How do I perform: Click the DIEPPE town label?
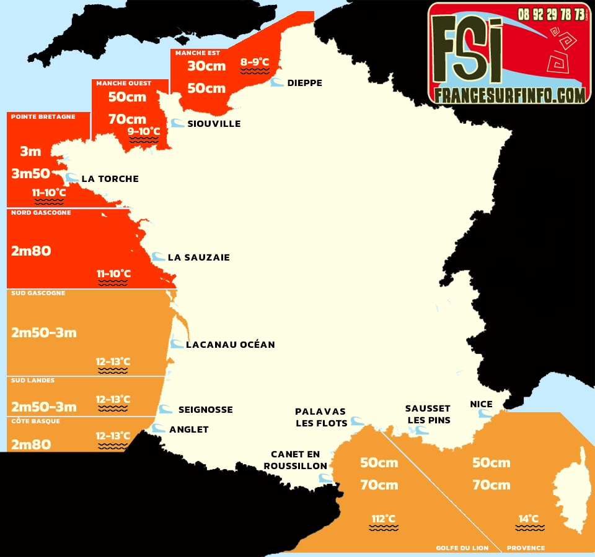(x=304, y=83)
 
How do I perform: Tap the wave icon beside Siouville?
(x=177, y=123)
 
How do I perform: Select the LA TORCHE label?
(x=110, y=179)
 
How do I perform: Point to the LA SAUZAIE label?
(x=198, y=257)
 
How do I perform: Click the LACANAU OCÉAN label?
(x=230, y=345)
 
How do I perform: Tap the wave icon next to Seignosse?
(x=165, y=409)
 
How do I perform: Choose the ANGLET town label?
(x=188, y=430)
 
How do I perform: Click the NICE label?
(x=481, y=404)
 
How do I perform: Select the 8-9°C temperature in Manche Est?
(x=255, y=62)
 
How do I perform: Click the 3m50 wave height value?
(x=30, y=174)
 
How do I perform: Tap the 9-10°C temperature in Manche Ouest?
(x=143, y=131)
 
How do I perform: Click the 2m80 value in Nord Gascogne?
(x=31, y=251)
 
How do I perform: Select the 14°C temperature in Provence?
(x=529, y=519)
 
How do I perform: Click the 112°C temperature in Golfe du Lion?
(x=383, y=519)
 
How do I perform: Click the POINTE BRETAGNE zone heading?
(x=43, y=116)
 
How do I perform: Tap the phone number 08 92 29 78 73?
(x=552, y=14)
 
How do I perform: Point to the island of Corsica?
(x=574, y=489)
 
